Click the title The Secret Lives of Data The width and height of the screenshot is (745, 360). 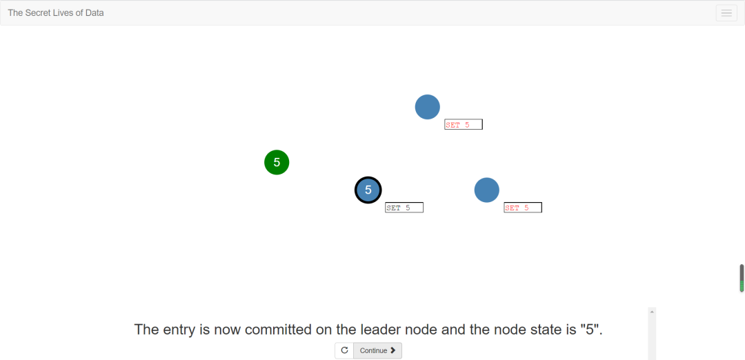pos(56,12)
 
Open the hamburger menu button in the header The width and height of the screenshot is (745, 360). pos(726,12)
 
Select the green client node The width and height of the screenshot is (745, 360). pos(277,162)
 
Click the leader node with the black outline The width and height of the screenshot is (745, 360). pos(368,190)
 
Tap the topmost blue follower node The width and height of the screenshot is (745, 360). pos(427,107)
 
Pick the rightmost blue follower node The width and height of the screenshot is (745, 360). pos(486,190)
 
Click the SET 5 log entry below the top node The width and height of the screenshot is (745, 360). pos(463,125)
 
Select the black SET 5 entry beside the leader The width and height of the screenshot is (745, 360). pos(404,208)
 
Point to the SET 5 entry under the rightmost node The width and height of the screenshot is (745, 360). pos(522,208)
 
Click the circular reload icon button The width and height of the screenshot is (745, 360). pos(344,350)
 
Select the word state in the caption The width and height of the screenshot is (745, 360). pos(544,330)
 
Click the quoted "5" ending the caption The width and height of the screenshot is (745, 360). pos(592,330)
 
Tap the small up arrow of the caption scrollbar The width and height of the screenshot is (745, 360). pos(652,312)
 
